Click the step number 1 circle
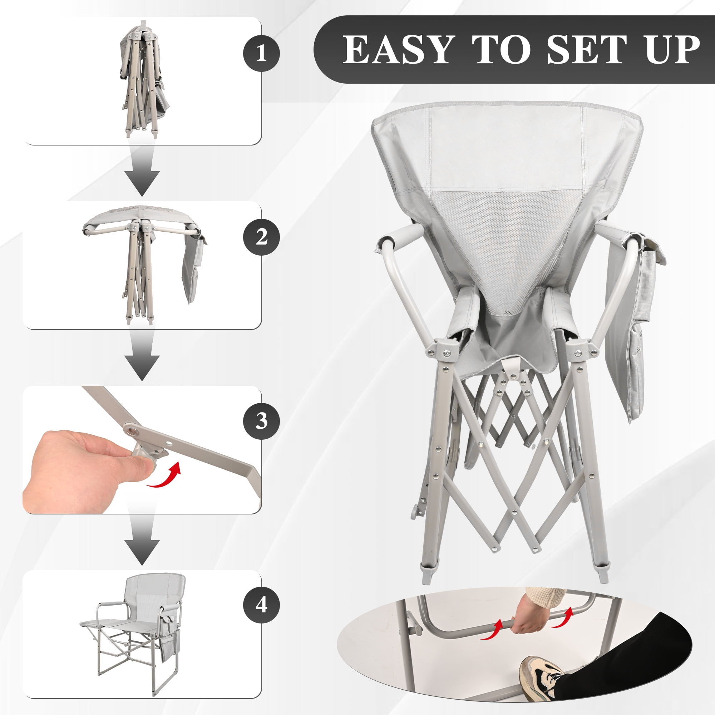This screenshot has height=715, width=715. [x=261, y=53]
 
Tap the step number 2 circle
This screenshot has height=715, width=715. [x=261, y=237]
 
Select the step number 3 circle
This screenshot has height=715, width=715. [x=261, y=421]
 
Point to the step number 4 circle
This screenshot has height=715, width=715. [x=261, y=606]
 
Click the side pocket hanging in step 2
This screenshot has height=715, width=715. [x=193, y=269]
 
